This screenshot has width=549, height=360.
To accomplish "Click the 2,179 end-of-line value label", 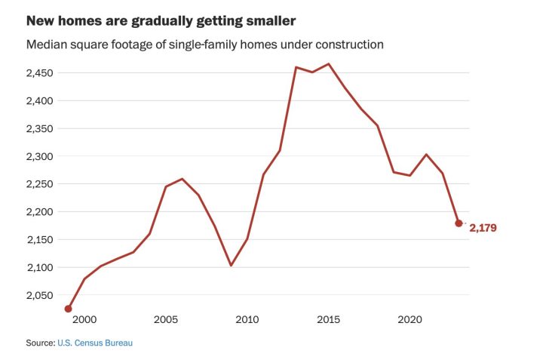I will [x=483, y=227].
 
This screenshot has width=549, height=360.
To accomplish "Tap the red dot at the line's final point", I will [x=459, y=223].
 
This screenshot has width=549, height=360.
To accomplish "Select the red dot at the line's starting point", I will [x=68, y=309].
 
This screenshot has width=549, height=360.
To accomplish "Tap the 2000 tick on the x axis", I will [x=84, y=320].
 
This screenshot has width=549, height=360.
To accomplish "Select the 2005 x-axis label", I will [x=166, y=320].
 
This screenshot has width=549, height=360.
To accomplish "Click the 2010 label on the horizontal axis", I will [x=247, y=320].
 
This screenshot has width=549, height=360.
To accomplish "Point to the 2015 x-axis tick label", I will [x=329, y=320].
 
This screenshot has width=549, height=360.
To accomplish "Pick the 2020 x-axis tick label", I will [x=409, y=320].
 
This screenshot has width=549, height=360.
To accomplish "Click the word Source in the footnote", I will [x=40, y=343].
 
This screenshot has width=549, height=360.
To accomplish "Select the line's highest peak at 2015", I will [x=329, y=63].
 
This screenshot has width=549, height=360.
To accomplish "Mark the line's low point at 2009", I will [x=231, y=265].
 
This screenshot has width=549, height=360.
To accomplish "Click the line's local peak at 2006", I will [x=182, y=179].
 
